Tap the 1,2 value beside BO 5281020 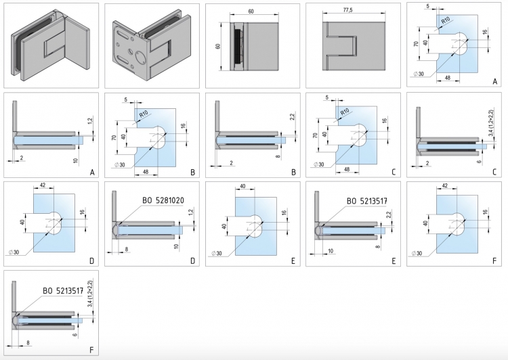point(192,214)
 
